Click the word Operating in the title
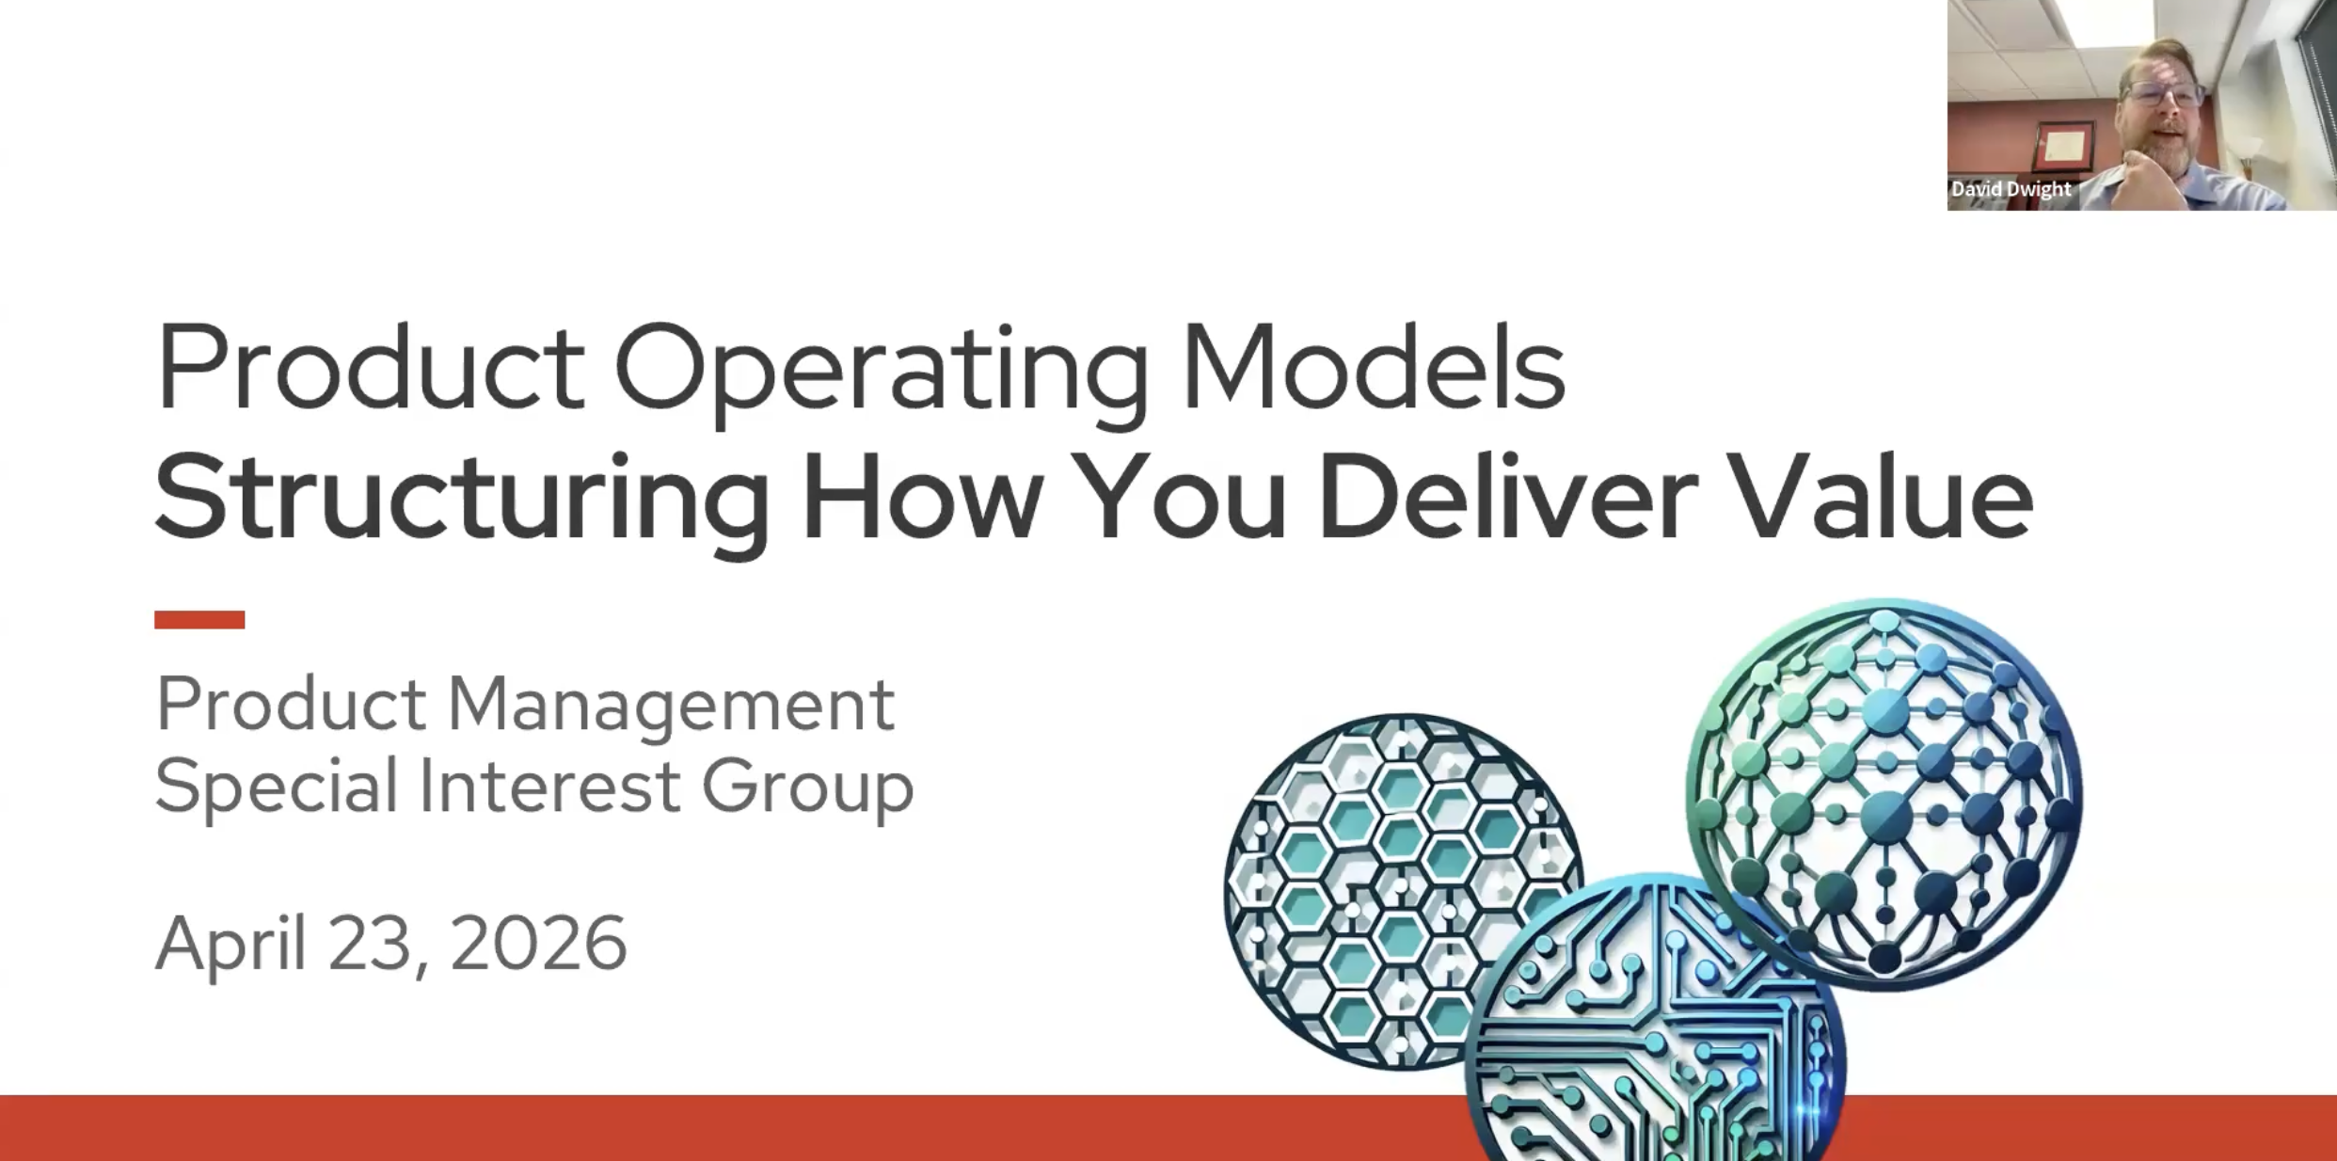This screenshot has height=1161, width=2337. [881, 369]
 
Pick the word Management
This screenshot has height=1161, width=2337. [670, 705]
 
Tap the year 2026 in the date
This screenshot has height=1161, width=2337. [538, 943]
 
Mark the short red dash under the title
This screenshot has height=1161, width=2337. [199, 619]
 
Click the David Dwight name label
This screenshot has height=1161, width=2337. [2011, 189]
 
